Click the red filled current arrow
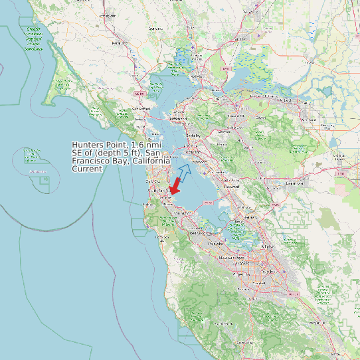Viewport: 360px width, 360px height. [x=176, y=185]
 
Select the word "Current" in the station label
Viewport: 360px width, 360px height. [x=87, y=169]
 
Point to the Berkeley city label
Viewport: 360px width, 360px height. [x=194, y=135]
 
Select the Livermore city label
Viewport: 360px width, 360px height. [x=294, y=183]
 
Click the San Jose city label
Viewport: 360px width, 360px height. [x=269, y=272]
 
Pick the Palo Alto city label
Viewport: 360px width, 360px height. [x=215, y=244]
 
